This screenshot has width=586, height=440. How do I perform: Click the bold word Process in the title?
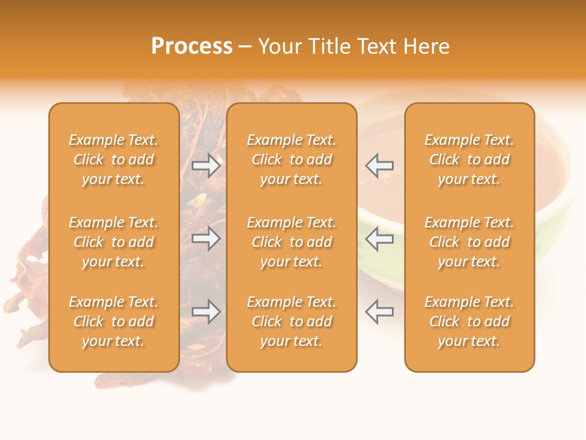tap(192, 46)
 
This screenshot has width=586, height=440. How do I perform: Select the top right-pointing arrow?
tap(206, 165)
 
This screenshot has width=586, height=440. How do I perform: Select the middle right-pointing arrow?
tap(206, 239)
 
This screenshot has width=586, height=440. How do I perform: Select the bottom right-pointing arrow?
tap(206, 312)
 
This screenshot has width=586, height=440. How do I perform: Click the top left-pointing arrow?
tap(379, 165)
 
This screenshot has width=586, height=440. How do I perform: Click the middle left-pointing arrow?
tap(379, 239)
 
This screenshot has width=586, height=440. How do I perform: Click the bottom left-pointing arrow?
tap(379, 312)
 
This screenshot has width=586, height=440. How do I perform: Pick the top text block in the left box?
tap(114, 159)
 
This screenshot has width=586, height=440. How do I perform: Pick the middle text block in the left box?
tap(114, 242)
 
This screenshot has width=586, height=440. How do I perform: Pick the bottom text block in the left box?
tap(114, 321)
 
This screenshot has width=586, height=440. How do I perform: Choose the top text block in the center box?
tap(291, 159)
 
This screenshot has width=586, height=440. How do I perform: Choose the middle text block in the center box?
tap(291, 242)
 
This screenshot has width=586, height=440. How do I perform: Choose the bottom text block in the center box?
tap(291, 321)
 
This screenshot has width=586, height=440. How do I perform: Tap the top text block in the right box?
tap(469, 159)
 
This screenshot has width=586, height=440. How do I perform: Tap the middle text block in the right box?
tap(469, 242)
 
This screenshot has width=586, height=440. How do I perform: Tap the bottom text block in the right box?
tap(469, 321)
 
